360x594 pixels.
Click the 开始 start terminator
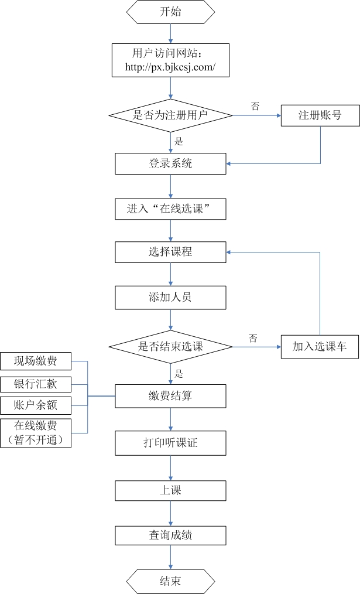pyautogui.click(x=170, y=12)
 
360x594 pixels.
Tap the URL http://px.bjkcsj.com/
pyautogui.click(x=170, y=67)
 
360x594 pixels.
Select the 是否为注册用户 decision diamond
pyautogui.click(x=170, y=115)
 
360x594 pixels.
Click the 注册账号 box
pyautogui.click(x=320, y=115)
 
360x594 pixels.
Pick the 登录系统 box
pyautogui.click(x=170, y=163)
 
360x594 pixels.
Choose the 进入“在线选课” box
pyautogui.click(x=170, y=208)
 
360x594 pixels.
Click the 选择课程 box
pyautogui.click(x=170, y=252)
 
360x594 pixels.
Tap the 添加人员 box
pyautogui.click(x=170, y=297)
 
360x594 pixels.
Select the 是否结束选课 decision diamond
pyautogui.click(x=170, y=346)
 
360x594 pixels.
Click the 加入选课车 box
pyautogui.click(x=320, y=346)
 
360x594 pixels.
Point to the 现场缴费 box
pyautogui.click(x=36, y=361)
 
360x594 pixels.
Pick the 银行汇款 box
pyautogui.click(x=36, y=384)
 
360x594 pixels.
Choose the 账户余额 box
pyautogui.click(x=36, y=405)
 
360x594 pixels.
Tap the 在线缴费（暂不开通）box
pyautogui.click(x=36, y=433)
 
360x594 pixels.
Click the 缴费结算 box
pyautogui.click(x=170, y=396)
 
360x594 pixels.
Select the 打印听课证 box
pyautogui.click(x=170, y=443)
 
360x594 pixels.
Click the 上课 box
pyautogui.click(x=170, y=490)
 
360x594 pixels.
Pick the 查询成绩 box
pyautogui.click(x=170, y=535)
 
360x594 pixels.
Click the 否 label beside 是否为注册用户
pyautogui.click(x=255, y=106)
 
